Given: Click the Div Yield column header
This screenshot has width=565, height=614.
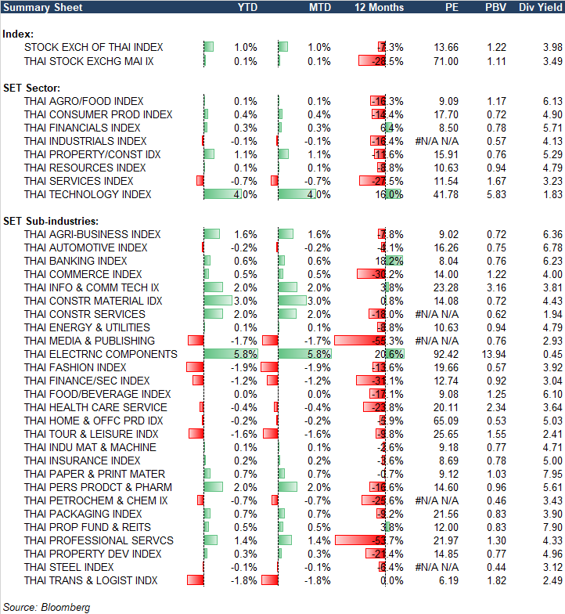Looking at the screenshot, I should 540,7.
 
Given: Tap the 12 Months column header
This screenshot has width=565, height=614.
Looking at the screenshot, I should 380,7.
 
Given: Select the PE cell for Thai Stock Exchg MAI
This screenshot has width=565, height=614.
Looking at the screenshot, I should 445,60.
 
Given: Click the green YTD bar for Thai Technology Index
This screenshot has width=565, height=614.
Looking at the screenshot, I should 222,194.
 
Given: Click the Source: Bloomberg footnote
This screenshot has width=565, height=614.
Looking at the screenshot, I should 47,607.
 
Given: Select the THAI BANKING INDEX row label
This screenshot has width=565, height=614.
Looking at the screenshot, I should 75,261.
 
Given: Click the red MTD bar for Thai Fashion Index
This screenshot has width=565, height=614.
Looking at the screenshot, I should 271,367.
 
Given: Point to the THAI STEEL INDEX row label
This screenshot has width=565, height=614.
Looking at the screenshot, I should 69,567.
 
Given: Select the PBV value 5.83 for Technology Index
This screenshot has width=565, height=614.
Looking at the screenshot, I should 495,194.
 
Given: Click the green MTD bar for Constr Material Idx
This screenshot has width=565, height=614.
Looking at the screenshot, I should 292,301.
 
